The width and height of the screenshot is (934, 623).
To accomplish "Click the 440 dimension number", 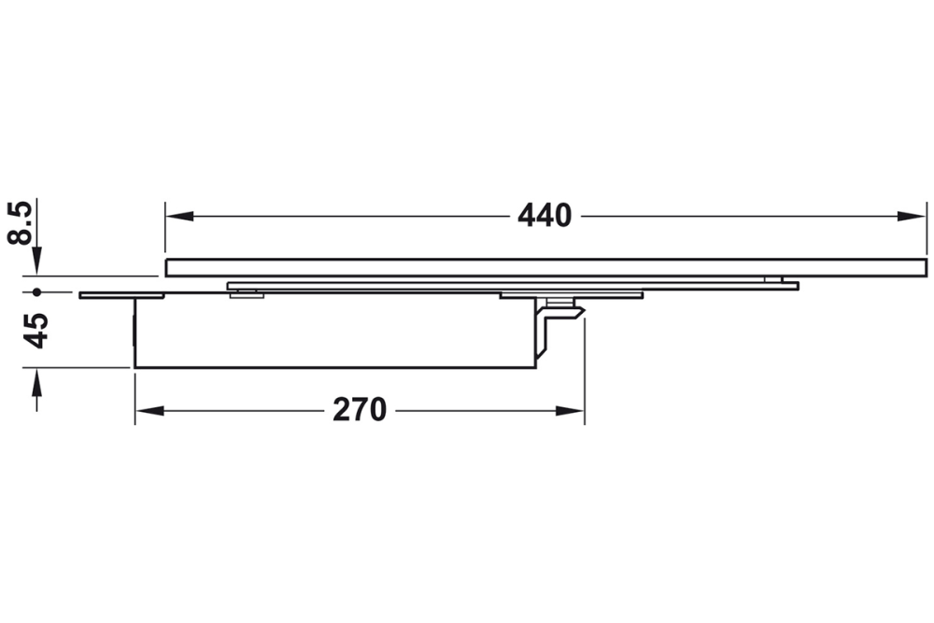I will pos(545,216).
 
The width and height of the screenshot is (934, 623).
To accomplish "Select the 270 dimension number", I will pos(360,409).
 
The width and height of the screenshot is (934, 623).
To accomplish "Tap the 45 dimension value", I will pos(36,330).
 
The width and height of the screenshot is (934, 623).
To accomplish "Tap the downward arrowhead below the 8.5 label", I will pos(37,263).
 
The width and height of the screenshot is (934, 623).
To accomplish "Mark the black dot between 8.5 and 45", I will pos(37,292).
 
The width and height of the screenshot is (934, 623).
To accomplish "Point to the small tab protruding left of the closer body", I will pos(106,296).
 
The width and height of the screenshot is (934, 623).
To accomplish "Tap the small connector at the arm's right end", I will pos(774,279).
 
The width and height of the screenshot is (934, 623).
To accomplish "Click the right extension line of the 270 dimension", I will pos(585,374).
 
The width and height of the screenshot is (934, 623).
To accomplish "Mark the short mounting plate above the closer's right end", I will pos(571,296).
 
